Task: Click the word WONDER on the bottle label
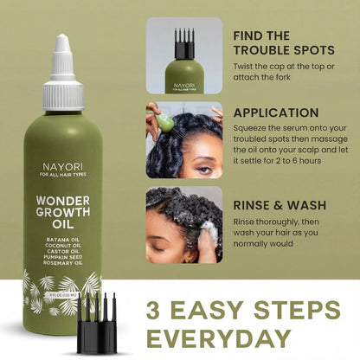pos(67,185)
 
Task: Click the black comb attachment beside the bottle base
pos(96,324)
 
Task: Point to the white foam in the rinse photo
pos(208,228)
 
